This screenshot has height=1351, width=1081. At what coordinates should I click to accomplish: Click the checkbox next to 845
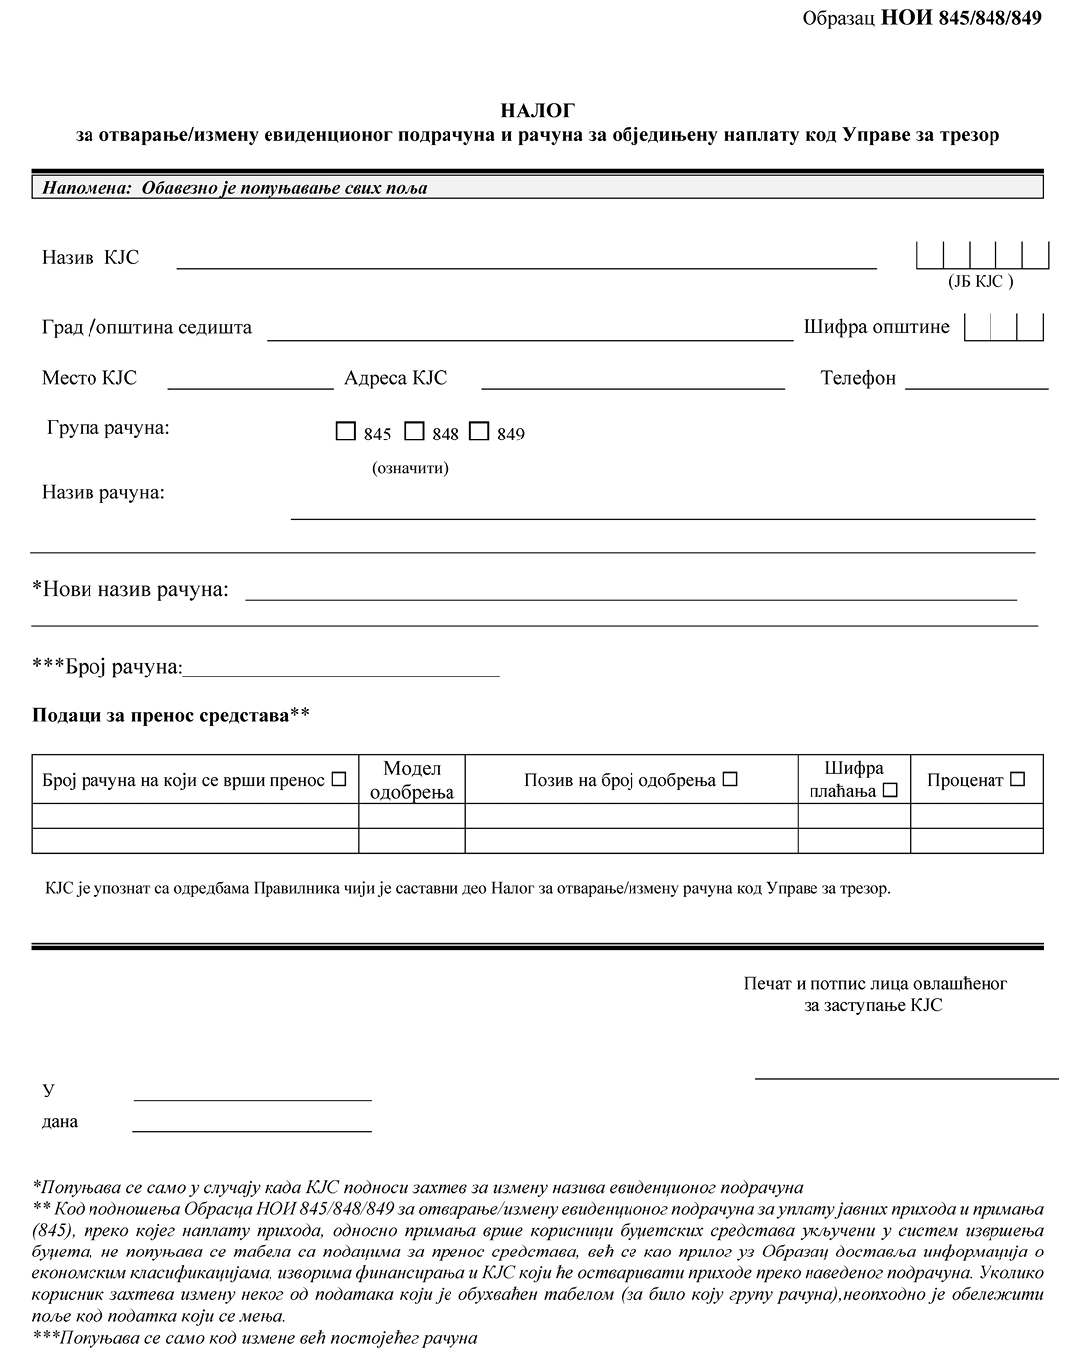coord(346,432)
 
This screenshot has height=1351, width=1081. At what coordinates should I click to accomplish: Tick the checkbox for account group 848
coord(415,432)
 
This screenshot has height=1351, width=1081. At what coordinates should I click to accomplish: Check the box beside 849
coord(480,431)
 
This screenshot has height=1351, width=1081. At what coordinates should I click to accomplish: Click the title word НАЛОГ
coord(537,111)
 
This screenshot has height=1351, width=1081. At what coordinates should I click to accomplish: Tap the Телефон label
coord(858,378)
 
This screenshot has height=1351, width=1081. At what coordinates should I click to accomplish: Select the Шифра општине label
coord(876,326)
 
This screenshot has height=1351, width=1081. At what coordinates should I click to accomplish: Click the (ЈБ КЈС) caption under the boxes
coord(981,281)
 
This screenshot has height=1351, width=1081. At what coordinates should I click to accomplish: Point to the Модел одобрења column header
coord(412,780)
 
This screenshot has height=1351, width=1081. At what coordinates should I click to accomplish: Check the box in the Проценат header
coord(1017,780)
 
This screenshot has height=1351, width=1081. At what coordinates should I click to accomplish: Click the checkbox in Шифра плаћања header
coord(890,791)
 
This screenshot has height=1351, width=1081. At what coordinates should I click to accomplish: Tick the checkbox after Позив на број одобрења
coord(730,780)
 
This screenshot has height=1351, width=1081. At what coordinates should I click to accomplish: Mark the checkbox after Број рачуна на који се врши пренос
coord(338,780)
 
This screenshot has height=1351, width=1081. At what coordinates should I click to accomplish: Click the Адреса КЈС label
coord(395,378)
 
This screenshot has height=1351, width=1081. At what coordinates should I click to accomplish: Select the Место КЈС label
coord(90,378)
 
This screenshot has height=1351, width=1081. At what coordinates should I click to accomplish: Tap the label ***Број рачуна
coord(107,667)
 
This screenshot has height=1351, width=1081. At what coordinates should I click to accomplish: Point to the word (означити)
coord(410,468)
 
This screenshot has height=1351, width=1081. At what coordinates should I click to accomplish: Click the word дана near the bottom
coord(60,1121)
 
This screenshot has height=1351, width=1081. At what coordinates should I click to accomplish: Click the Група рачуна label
coord(107,428)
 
